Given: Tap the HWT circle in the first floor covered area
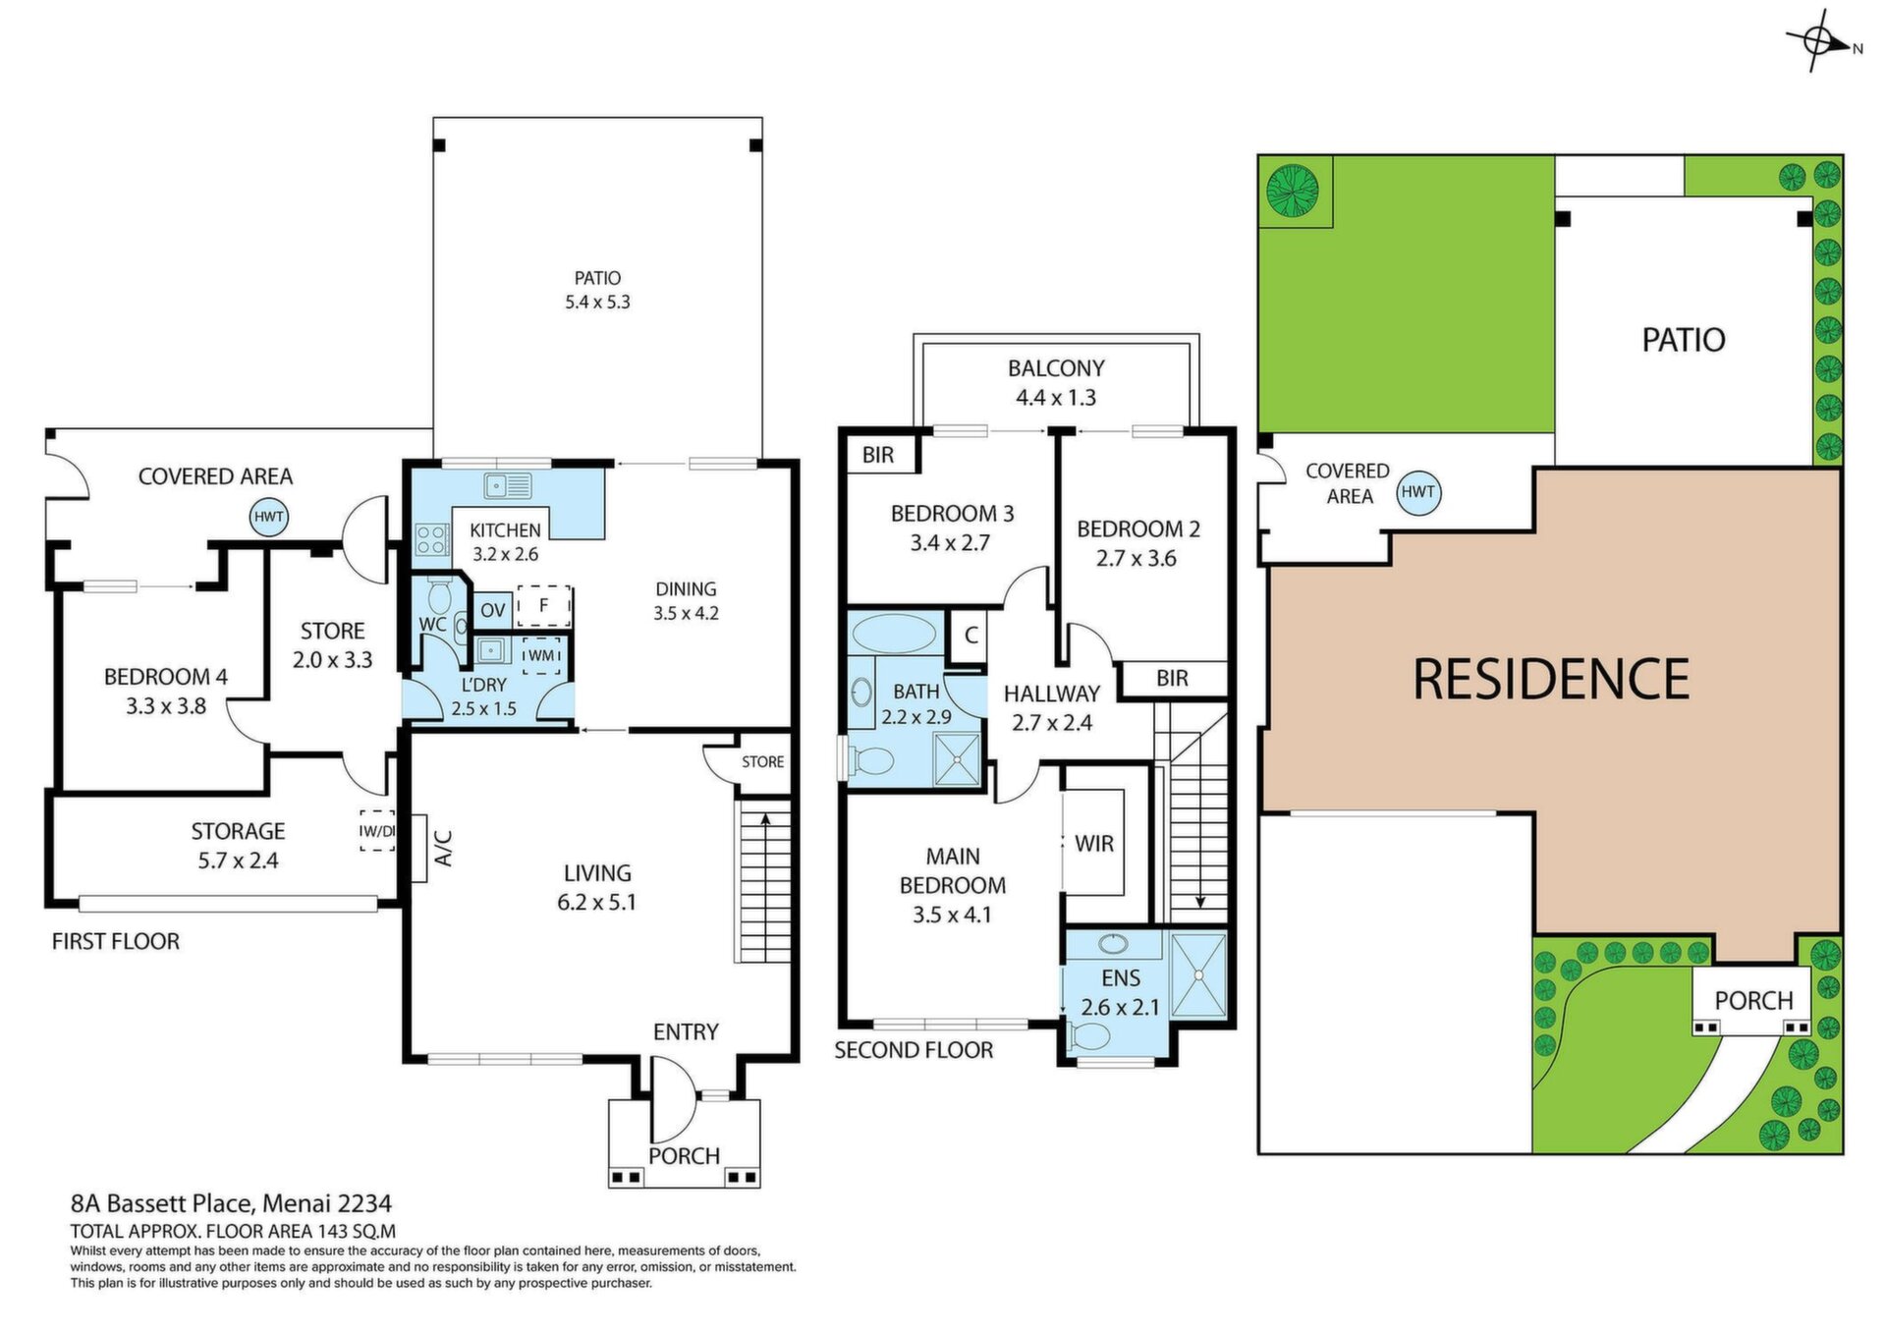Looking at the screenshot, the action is tap(269, 517).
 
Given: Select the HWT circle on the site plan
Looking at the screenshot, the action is tap(1417, 491).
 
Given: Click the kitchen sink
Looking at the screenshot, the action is tap(508, 485).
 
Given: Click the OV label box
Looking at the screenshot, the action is tap(492, 610).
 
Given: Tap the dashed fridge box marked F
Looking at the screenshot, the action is tap(543, 606).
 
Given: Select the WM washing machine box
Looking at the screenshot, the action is tap(541, 655).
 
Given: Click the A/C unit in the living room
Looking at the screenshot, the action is tap(419, 849).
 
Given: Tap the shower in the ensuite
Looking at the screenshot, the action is tap(1198, 975).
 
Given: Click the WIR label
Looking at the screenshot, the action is tap(1094, 844).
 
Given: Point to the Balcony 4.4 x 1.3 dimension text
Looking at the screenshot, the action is tap(1056, 398).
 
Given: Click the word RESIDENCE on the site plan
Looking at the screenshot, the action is tap(1551, 679).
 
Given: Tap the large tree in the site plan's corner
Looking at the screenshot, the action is tap(1292, 190).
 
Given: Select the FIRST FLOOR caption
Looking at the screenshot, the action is tap(116, 941).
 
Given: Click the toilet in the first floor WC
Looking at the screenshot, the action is tap(440, 593).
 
